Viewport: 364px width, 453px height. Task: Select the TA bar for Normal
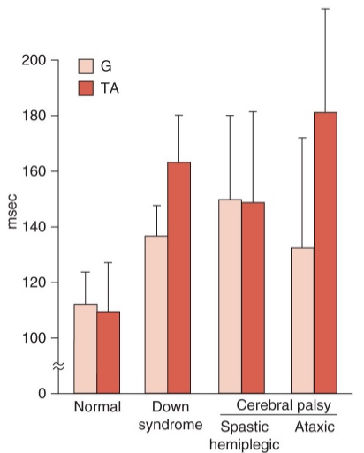click(x=109, y=351)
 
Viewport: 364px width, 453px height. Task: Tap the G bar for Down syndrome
click(x=156, y=313)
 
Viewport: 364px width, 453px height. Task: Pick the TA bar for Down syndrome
click(x=179, y=277)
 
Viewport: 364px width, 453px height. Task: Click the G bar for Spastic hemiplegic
click(x=230, y=296)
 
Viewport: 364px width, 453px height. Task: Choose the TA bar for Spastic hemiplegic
click(x=253, y=298)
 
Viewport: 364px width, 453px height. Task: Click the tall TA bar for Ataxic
click(x=325, y=253)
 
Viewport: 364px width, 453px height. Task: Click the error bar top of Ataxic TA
click(x=325, y=9)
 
